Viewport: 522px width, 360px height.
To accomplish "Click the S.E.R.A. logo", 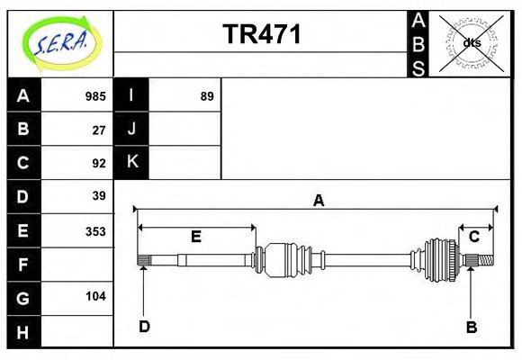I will click(x=58, y=42).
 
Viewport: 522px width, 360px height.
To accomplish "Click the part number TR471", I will click(x=262, y=34).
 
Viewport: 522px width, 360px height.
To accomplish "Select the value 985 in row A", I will click(x=95, y=96).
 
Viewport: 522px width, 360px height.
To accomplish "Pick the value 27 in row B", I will click(x=99, y=130).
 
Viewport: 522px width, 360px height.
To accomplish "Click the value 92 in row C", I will click(x=99, y=163).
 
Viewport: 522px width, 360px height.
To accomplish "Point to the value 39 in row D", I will click(x=99, y=196).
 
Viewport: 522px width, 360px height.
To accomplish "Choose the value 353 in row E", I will click(x=95, y=230).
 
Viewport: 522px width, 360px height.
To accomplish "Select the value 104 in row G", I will click(x=95, y=296).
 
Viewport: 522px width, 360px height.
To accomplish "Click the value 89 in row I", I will click(x=207, y=96).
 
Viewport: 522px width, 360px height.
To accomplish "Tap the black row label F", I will click(x=23, y=265).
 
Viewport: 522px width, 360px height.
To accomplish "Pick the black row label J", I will click(x=131, y=130).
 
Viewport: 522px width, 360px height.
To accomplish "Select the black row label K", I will click(x=131, y=163).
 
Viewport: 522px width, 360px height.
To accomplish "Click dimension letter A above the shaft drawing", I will click(x=318, y=201).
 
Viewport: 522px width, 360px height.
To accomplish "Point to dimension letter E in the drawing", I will click(x=195, y=238).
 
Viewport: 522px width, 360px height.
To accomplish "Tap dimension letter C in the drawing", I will click(x=473, y=237).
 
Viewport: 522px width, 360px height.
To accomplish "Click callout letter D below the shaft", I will click(x=144, y=326).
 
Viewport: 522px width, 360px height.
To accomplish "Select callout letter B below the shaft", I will click(x=471, y=327).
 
